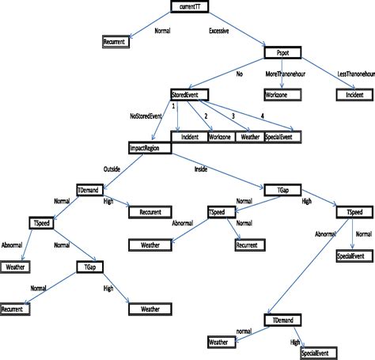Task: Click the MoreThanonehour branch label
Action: [289, 74]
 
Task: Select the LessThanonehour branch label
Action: [353, 74]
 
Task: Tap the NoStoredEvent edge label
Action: [148, 116]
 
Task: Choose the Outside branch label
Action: [112, 169]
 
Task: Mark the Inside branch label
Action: [205, 169]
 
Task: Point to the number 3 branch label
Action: [233, 116]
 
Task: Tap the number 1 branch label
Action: [173, 105]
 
